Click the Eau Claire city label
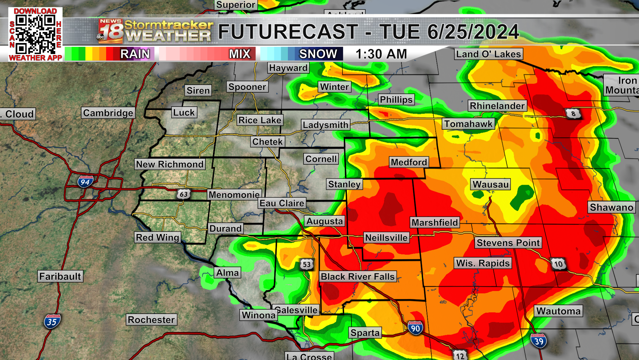point(282,203)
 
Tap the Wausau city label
point(491,184)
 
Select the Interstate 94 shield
point(85,182)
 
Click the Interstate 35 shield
point(52,322)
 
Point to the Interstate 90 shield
point(415,328)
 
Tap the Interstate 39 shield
point(538,341)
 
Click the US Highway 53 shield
point(307,264)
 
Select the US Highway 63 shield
point(183,194)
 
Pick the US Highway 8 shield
point(573,114)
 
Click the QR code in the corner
point(35,34)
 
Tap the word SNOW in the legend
point(318,54)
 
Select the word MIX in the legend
point(240,54)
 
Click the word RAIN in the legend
point(135,54)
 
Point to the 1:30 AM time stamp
point(381,54)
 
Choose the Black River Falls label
point(358,277)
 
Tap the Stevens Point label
point(508,243)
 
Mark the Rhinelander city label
point(497,106)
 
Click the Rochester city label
point(151,320)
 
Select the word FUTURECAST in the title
point(288,32)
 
